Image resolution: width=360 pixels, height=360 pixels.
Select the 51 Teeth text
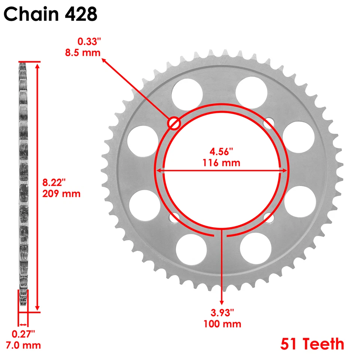coord(312,343)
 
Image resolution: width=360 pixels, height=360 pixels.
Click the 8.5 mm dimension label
coord(82,52)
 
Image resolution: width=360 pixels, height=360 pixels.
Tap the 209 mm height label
coord(61,194)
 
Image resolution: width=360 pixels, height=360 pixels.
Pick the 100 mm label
coord(222,324)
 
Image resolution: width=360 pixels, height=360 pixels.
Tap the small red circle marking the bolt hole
coord(174,123)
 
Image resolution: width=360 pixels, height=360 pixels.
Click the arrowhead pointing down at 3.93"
coord(222,301)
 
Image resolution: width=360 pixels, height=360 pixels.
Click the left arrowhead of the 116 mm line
coord(159,171)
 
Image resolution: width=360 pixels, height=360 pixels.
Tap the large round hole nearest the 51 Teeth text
coord(255,248)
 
